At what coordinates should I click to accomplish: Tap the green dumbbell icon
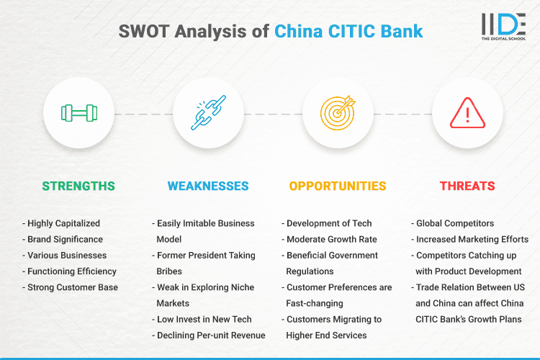pyautogui.click(x=78, y=114)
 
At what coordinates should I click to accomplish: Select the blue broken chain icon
pyautogui.click(x=208, y=114)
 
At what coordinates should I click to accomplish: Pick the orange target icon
pyautogui.click(x=338, y=114)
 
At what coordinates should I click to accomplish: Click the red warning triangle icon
pyautogui.click(x=467, y=114)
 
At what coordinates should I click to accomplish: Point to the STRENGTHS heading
pyautogui.click(x=78, y=186)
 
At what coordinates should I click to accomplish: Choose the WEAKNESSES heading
pyautogui.click(x=208, y=186)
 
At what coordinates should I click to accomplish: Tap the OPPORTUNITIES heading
pyautogui.click(x=338, y=186)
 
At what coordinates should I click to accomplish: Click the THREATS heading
pyautogui.click(x=467, y=186)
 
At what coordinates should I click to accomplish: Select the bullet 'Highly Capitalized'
pyautogui.click(x=63, y=223)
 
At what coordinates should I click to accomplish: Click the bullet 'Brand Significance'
pyautogui.click(x=65, y=239)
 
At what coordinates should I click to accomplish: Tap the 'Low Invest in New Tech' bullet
pyautogui.click(x=203, y=319)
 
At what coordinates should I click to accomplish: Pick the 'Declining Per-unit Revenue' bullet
pyautogui.click(x=210, y=335)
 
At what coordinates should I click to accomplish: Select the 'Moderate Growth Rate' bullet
pyautogui.click(x=332, y=239)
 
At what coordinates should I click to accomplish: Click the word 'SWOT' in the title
pyautogui.click(x=142, y=31)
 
